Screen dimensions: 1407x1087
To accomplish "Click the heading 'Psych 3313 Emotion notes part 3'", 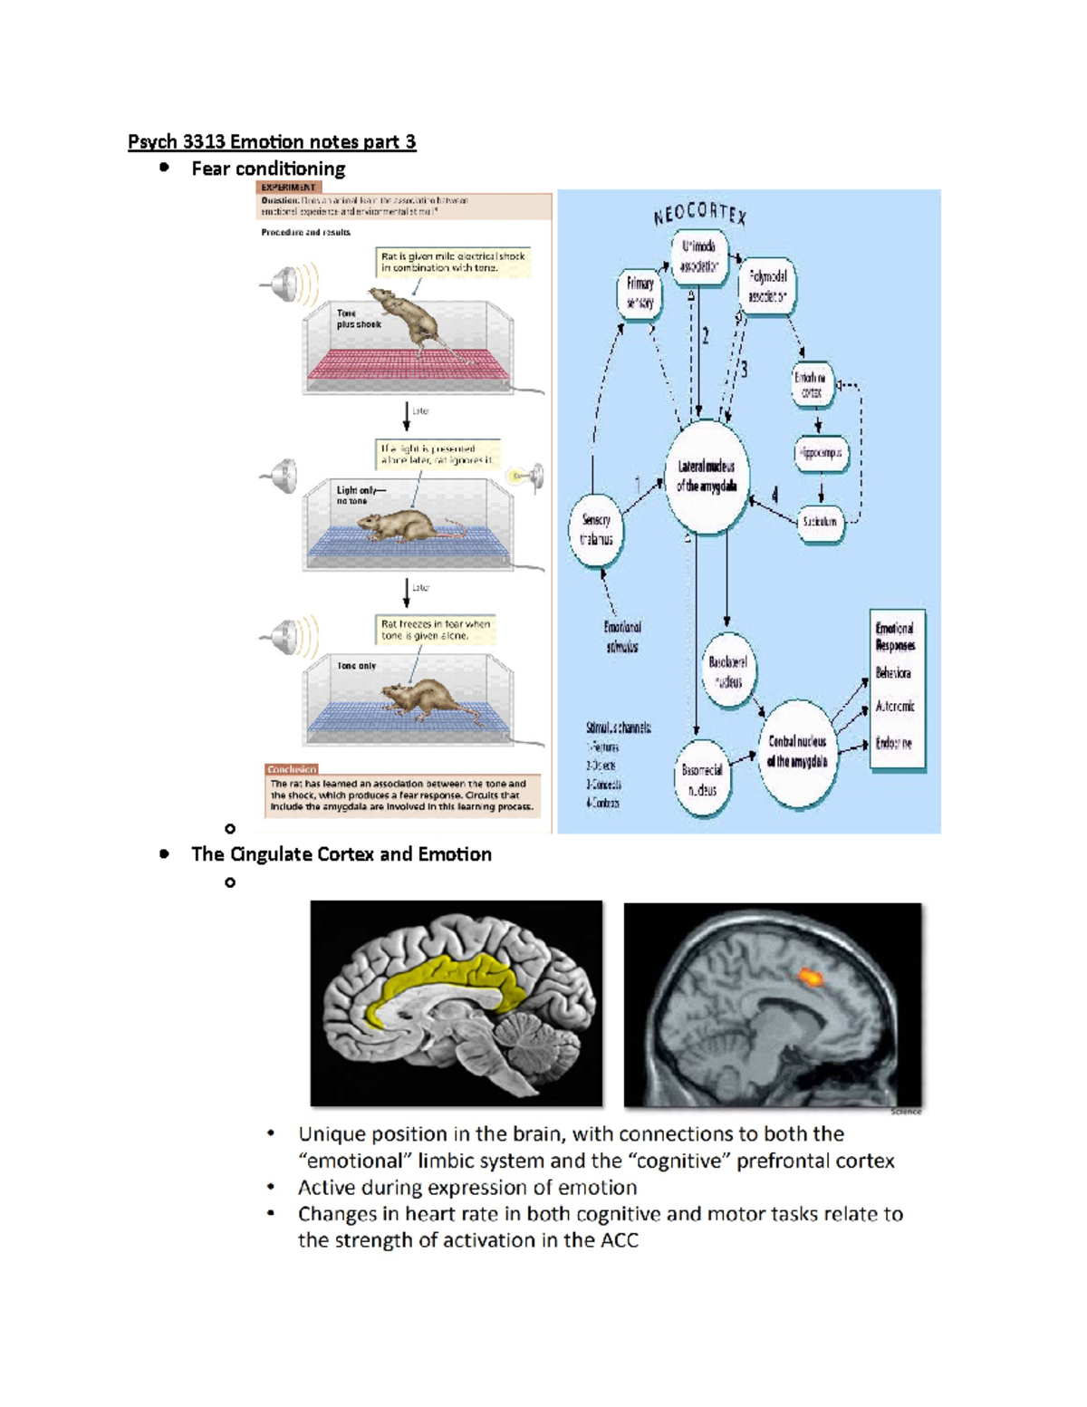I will (x=272, y=142).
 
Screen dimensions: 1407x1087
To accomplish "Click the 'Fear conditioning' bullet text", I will (x=268, y=169).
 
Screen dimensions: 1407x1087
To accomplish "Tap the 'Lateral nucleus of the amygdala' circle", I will (x=707, y=477).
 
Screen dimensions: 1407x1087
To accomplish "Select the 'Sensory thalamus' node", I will (x=596, y=530).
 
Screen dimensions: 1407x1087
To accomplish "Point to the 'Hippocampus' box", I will (x=821, y=453).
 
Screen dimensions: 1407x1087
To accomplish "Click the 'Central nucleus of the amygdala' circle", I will (x=797, y=752).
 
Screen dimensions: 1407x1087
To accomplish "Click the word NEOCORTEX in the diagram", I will (x=700, y=214).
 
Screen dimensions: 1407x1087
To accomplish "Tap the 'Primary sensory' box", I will (x=640, y=293).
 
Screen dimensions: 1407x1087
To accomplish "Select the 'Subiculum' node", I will (x=820, y=522).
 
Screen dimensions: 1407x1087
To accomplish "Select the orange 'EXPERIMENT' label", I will (x=288, y=188).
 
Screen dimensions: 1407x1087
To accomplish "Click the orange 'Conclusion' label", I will (x=292, y=769).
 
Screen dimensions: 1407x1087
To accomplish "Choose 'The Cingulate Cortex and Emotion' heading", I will (x=341, y=854).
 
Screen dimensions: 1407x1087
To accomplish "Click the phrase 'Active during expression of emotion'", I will (x=467, y=1188).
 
